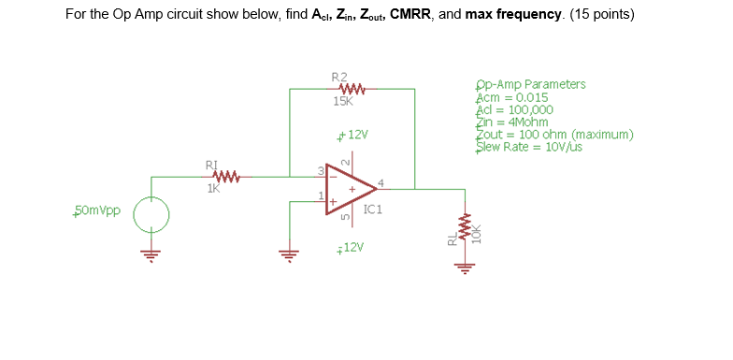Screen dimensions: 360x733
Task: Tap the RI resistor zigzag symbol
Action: coord(227,175)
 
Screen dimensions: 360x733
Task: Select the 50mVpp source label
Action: coord(96,210)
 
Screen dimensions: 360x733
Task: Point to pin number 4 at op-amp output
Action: coord(381,181)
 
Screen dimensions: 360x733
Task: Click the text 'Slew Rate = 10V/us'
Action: coord(529,147)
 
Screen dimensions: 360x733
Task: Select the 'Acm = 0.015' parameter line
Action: coord(512,97)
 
